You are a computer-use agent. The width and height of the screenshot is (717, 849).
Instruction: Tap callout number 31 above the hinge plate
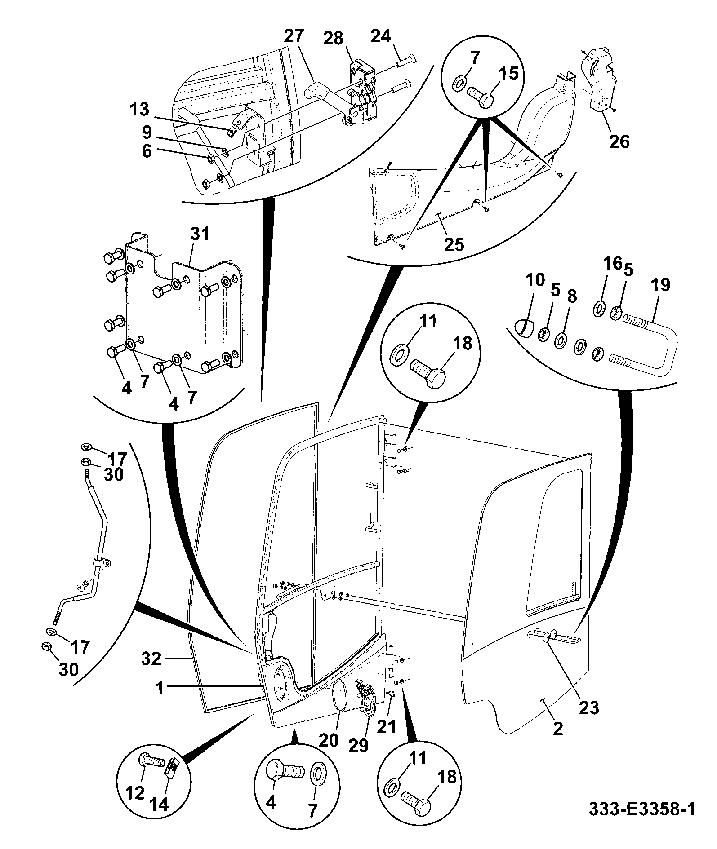(x=200, y=234)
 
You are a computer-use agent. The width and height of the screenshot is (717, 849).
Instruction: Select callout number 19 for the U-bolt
(x=660, y=285)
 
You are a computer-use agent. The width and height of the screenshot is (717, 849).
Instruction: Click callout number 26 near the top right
(x=619, y=142)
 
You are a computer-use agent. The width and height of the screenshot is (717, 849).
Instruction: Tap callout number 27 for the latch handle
(x=294, y=36)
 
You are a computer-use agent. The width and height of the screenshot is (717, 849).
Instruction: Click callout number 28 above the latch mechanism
(x=334, y=39)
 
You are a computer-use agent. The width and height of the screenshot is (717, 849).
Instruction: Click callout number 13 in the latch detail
(x=140, y=109)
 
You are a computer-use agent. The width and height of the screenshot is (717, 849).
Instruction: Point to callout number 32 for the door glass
(x=151, y=659)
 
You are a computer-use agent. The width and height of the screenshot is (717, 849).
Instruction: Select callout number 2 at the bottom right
(x=558, y=729)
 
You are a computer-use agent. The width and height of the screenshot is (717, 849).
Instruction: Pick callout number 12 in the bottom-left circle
(x=135, y=793)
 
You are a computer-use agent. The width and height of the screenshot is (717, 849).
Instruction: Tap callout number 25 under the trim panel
(x=454, y=244)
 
